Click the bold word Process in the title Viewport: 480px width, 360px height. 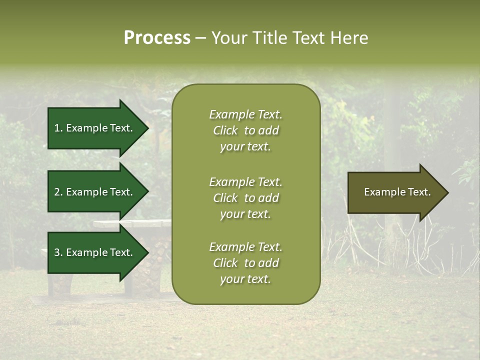tap(157, 38)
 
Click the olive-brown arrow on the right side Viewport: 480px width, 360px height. tap(390, 192)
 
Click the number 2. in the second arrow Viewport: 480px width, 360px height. tap(58, 192)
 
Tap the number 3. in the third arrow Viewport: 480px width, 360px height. tap(58, 252)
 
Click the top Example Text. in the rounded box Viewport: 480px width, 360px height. tap(245, 114)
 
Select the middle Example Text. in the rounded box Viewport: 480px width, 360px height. tap(245, 182)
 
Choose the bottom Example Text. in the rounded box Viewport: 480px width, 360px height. tap(245, 247)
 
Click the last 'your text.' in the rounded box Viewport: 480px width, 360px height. tap(245, 279)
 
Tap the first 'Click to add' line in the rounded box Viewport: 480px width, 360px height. tap(245, 130)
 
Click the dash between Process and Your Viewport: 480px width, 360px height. tap(200, 38)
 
